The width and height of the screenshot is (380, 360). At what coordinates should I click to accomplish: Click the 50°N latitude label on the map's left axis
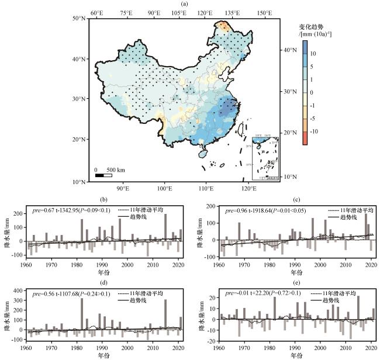[x=79, y=18]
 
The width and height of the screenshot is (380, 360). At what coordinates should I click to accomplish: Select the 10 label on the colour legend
[x=313, y=54]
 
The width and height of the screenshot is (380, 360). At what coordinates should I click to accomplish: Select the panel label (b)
[x=104, y=200]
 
